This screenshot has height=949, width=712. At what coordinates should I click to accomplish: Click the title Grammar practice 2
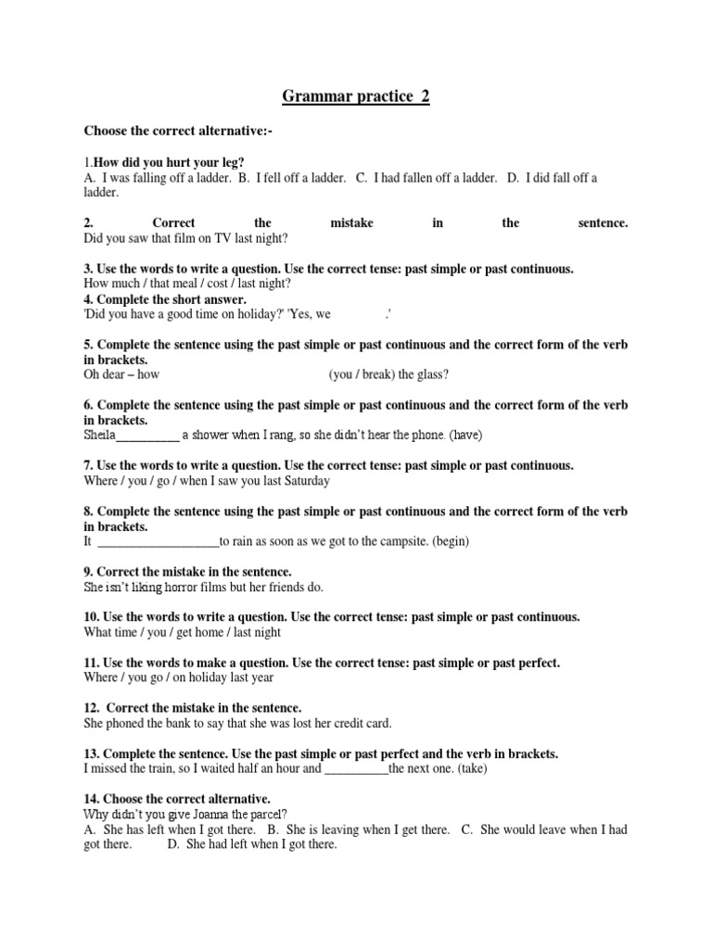[x=356, y=95]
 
